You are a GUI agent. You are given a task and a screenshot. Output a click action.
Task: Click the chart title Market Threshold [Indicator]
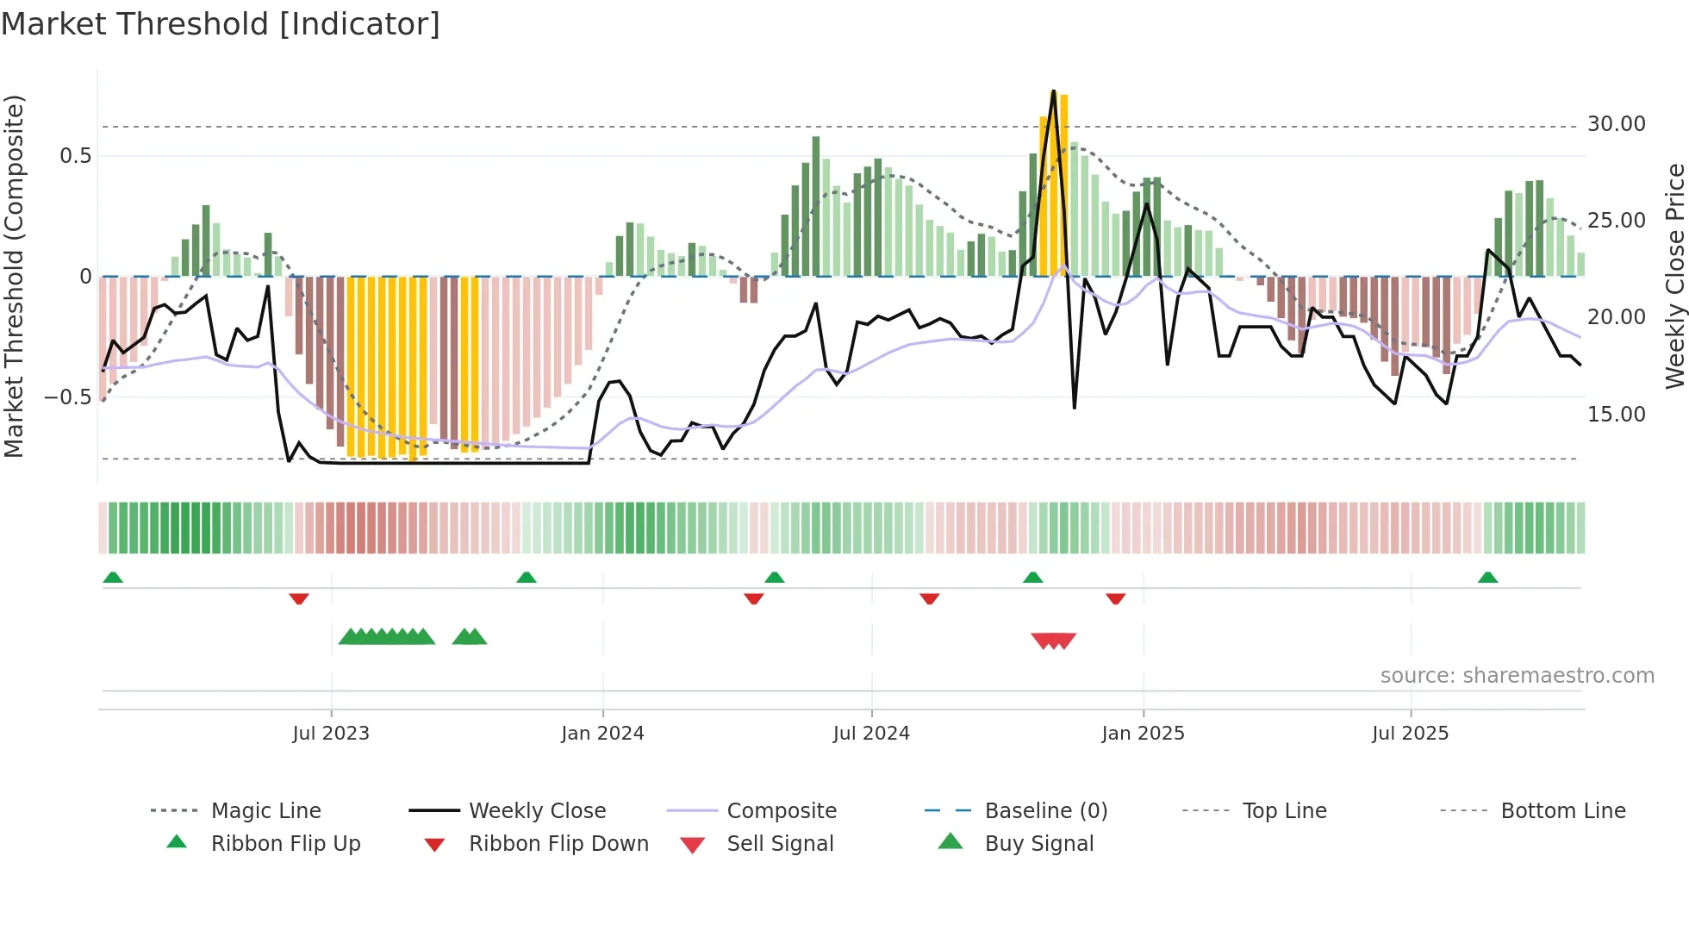[221, 24]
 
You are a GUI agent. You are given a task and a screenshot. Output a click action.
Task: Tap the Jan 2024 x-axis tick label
[602, 734]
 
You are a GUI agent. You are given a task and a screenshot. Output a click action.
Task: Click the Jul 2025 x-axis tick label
[1410, 734]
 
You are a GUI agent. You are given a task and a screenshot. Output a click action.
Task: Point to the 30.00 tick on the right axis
[1616, 124]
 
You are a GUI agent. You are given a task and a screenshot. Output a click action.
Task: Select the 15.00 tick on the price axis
[1616, 415]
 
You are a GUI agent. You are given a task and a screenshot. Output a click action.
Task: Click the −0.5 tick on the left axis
[68, 397]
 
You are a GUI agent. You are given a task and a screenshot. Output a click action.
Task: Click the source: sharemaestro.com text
[1517, 676]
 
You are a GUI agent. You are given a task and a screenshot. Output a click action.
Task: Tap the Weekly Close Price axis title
[1674, 276]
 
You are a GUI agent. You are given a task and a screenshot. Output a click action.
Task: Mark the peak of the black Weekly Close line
[1053, 91]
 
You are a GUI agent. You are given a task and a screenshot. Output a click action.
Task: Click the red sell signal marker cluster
[1053, 641]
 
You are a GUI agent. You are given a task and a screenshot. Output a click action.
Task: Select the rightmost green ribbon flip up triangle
[1487, 578]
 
